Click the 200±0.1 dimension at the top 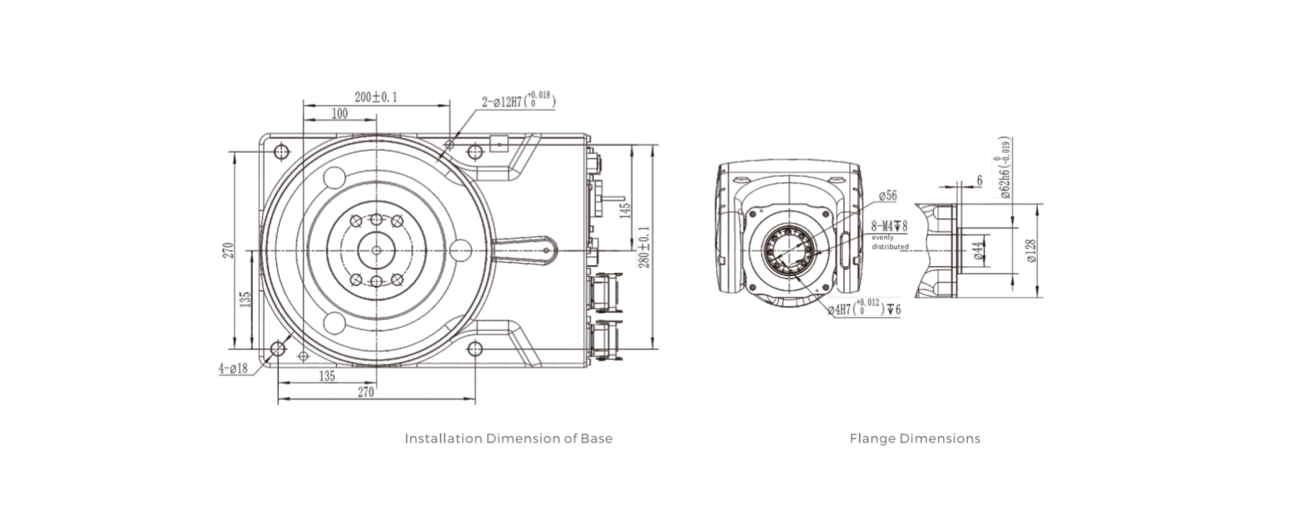[x=376, y=97]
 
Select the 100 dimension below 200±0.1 [x=339, y=113]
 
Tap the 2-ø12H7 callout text [x=518, y=101]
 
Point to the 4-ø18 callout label [x=233, y=368]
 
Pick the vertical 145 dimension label [x=625, y=210]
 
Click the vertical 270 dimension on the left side [x=227, y=251]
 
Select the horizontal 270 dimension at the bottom [x=366, y=392]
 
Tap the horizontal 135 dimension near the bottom [x=327, y=376]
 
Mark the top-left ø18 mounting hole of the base [x=282, y=152]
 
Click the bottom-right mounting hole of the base [x=475, y=349]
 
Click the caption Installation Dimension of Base [x=508, y=439]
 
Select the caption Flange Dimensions [x=915, y=439]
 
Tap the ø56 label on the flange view [x=887, y=196]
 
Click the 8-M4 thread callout [x=889, y=226]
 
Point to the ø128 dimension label [x=1031, y=250]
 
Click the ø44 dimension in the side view [x=979, y=251]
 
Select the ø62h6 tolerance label [x=1005, y=168]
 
